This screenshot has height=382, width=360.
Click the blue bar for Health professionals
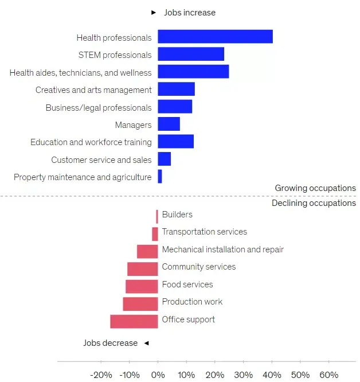[215, 37]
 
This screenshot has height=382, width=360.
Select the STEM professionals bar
[191, 54]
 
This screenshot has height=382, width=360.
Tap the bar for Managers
[169, 124]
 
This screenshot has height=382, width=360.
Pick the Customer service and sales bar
[164, 159]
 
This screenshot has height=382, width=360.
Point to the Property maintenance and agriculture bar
[160, 177]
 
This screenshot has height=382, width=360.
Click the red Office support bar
[134, 321]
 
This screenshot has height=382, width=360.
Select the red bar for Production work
[140, 303]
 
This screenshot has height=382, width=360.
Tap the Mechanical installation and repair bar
[147, 251]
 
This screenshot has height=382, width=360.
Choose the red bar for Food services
[142, 286]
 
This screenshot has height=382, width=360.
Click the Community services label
[198, 267]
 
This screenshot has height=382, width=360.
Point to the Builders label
[177, 215]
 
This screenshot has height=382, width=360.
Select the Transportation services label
[204, 232]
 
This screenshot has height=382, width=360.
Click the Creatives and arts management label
[93, 90]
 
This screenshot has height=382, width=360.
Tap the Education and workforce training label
[91, 142]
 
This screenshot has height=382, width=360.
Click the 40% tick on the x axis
[272, 375]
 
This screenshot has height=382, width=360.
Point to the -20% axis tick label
[101, 375]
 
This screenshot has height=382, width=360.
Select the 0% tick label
[158, 375]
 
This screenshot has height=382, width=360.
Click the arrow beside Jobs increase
[153, 12]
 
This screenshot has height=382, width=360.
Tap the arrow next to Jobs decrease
[146, 343]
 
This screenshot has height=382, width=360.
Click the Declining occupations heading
[314, 203]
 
